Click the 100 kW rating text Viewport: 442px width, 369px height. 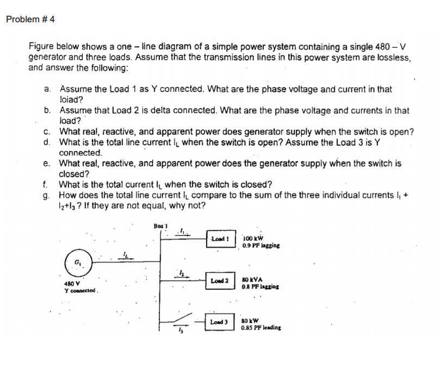tap(254, 238)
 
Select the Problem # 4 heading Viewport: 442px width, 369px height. tap(30, 20)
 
